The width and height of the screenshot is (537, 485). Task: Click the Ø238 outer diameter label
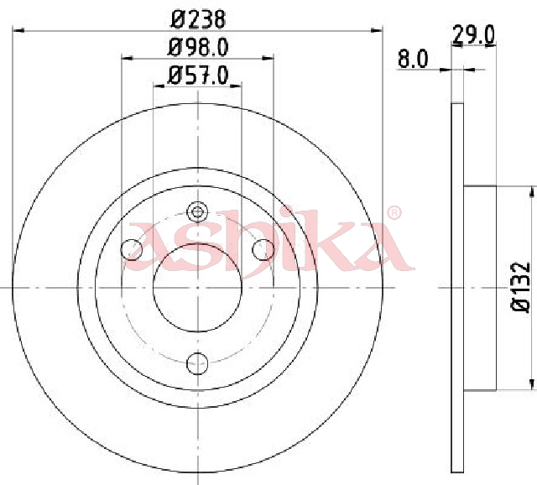point(198,19)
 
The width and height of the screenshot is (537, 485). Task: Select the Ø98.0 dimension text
point(198,47)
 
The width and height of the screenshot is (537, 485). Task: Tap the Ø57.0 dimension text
point(198,76)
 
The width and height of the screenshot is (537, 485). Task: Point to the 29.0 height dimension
point(473,35)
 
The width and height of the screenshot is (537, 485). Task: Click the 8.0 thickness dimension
point(413,59)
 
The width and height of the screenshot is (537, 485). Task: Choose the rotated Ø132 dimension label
point(521,287)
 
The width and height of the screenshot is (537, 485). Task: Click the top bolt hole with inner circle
point(198,212)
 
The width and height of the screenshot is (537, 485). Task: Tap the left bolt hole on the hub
point(132,249)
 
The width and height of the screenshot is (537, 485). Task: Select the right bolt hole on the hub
point(263,249)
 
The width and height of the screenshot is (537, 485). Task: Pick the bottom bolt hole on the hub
point(198,363)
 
